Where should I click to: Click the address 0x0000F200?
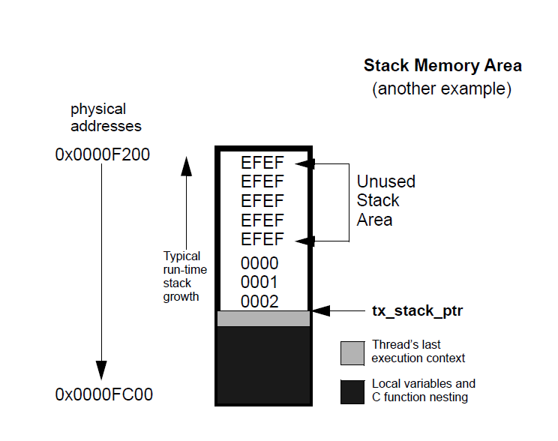[103, 155]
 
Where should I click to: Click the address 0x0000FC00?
[103, 394]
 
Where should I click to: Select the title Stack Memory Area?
[442, 66]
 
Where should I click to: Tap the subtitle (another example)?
[442, 89]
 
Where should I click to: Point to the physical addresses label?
[106, 118]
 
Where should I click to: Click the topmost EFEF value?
[262, 163]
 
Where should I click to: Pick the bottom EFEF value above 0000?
[262, 240]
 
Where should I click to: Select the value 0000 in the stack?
[259, 263]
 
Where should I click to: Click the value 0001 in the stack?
[259, 283]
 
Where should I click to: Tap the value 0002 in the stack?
[259, 301]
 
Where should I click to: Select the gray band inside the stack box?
[263, 319]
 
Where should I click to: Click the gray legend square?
[352, 352]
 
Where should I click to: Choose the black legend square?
[352, 391]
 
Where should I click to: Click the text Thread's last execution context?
[418, 352]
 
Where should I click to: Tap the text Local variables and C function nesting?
[423, 390]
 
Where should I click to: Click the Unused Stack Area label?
[385, 201]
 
